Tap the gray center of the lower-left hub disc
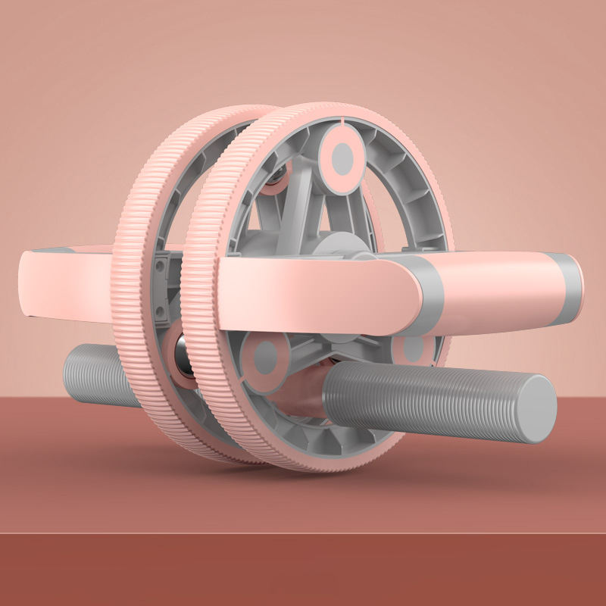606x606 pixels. [267, 356]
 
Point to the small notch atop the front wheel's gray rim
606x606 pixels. [342, 119]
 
